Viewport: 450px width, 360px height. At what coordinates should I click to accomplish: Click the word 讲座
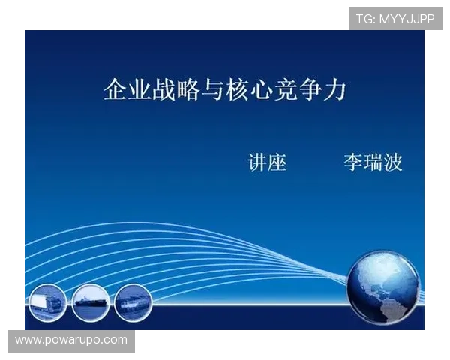pos(267,162)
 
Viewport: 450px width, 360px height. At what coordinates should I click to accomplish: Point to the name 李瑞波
pos(373,162)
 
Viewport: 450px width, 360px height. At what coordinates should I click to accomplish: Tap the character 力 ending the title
pos(335,90)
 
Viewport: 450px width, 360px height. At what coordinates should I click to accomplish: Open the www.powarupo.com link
pos(71,340)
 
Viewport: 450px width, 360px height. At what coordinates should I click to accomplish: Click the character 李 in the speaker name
pos(353,162)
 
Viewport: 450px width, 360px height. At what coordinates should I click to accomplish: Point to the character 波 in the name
pos(393,162)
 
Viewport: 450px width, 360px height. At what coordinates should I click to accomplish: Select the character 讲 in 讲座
pos(257,162)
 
